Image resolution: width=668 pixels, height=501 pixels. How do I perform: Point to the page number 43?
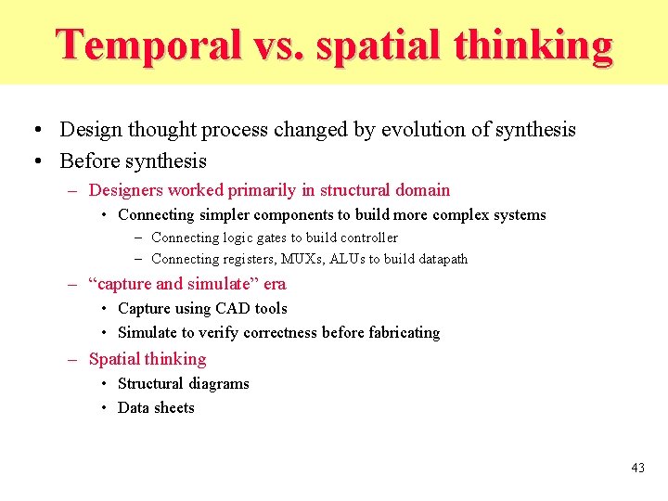(637, 468)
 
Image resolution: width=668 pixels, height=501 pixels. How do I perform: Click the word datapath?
(436, 259)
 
